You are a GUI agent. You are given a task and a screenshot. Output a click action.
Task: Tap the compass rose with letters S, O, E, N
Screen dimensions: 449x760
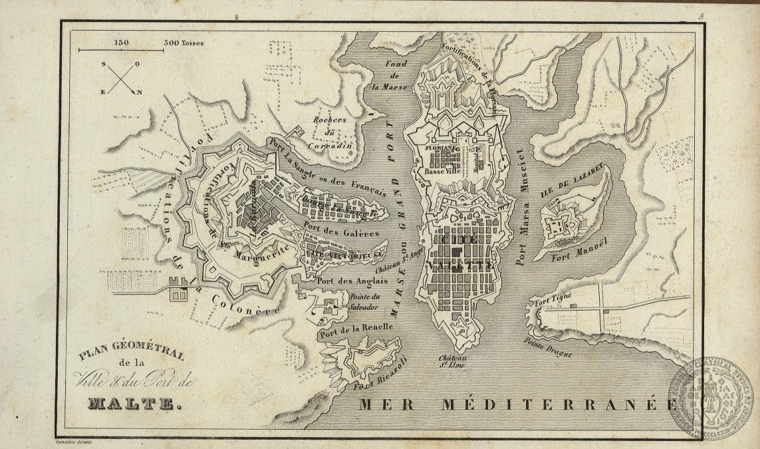click(x=122, y=78)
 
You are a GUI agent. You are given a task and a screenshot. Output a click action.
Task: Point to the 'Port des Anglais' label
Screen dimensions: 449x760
click(x=342, y=281)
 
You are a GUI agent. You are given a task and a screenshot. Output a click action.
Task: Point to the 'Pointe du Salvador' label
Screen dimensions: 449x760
click(x=363, y=302)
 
